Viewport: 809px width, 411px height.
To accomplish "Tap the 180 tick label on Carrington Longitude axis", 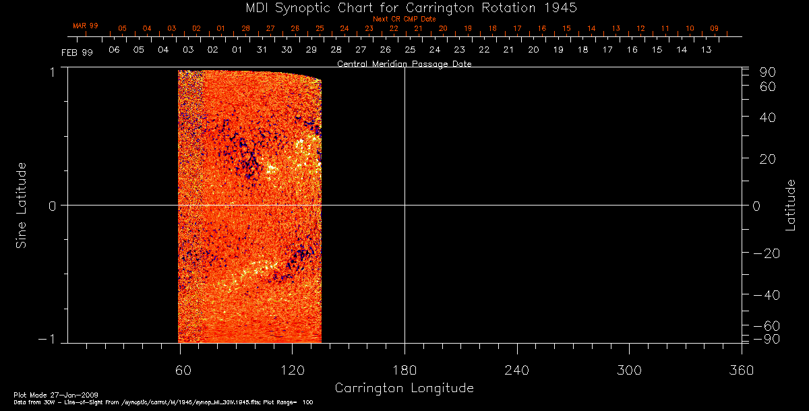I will click(404, 370).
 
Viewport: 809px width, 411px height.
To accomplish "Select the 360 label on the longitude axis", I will click(741, 370).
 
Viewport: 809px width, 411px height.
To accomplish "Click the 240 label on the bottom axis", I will click(516, 370).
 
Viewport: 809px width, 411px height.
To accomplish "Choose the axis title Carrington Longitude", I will click(404, 388).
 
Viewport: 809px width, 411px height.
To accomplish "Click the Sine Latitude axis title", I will click(22, 205).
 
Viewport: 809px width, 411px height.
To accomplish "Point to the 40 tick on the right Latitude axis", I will click(767, 117).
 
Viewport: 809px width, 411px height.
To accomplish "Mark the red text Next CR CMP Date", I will click(404, 20).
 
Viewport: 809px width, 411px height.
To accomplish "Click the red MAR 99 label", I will click(86, 26).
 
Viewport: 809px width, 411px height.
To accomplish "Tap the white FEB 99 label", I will click(78, 53).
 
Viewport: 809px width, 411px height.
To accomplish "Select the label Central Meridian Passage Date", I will click(404, 64).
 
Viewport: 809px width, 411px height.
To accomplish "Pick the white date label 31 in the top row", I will click(262, 50).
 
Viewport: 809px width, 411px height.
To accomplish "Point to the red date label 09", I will click(714, 29).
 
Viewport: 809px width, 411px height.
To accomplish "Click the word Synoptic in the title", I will click(304, 8).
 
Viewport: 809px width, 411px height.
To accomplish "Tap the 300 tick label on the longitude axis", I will click(628, 370).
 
